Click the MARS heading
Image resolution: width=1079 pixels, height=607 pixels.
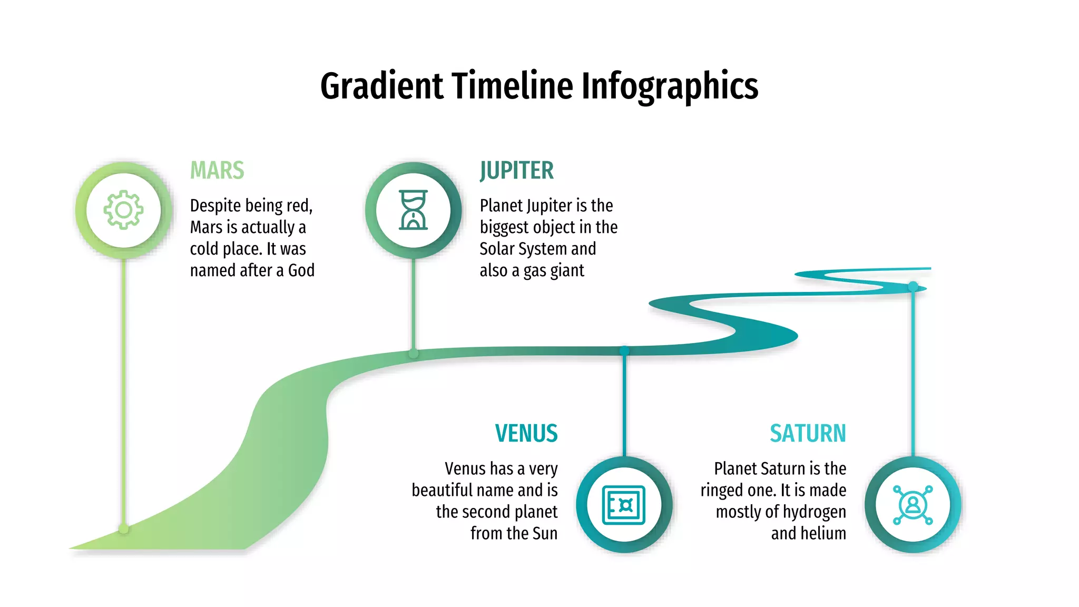click(217, 171)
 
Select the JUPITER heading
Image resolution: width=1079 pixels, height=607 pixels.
click(516, 171)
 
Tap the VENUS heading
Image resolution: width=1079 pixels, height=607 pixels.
click(526, 434)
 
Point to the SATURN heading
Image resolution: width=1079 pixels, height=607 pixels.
click(808, 434)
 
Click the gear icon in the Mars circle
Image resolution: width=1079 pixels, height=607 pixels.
click(123, 210)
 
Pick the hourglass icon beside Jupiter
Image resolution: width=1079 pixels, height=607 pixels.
click(414, 210)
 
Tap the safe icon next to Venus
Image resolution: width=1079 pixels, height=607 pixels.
click(624, 505)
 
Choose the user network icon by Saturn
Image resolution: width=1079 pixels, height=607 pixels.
click(913, 505)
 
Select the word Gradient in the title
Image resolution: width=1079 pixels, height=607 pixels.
click(381, 86)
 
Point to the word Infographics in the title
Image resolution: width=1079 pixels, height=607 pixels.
click(670, 87)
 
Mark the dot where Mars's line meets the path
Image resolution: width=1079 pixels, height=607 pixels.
click(124, 528)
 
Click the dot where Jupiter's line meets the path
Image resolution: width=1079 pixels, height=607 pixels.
click(414, 354)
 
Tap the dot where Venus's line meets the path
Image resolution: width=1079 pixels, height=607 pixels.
click(624, 350)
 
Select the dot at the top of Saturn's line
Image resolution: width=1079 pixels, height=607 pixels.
click(913, 286)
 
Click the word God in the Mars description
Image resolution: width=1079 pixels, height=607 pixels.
click(301, 270)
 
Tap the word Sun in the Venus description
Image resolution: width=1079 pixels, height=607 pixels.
click(545, 533)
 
